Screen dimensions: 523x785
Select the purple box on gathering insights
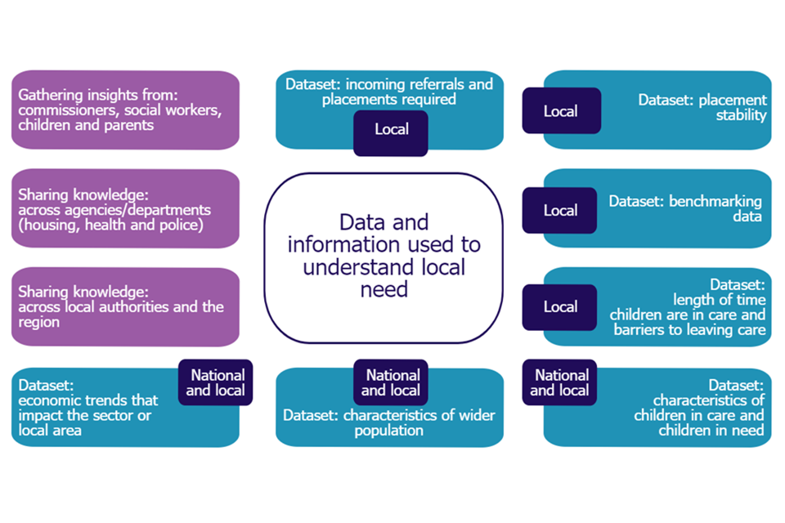125,110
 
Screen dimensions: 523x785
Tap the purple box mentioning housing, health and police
125,209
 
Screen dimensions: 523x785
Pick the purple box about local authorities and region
125,307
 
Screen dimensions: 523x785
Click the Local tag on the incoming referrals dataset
391,130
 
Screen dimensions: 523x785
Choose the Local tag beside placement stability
560,111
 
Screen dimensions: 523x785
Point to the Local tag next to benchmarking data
560,211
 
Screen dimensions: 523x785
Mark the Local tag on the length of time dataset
560,307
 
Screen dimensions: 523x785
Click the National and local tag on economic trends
217,382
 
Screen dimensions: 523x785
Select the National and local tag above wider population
391,382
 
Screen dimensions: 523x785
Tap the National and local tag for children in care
560,382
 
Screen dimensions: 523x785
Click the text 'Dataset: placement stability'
702,108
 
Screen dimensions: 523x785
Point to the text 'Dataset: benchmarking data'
685,208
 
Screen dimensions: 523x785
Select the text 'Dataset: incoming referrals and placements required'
389,92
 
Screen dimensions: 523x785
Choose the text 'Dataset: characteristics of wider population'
389,422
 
